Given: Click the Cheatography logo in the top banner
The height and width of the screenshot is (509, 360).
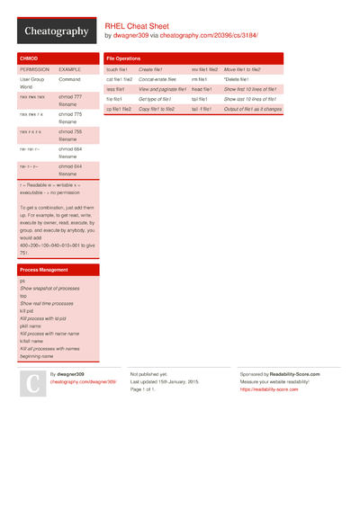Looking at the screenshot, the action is tap(56, 31).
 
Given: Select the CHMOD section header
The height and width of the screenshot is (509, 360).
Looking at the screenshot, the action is tap(29, 58).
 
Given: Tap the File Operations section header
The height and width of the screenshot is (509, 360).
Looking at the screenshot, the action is tap(123, 58).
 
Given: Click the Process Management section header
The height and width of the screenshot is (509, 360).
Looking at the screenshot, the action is tap(43, 270).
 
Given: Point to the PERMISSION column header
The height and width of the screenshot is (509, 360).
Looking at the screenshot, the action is tap(35, 68).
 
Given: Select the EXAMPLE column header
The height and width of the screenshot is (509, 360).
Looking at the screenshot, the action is tap(70, 68).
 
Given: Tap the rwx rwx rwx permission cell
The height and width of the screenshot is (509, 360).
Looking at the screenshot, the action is tap(31, 96).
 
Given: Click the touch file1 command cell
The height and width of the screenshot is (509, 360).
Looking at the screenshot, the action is tap(117, 69).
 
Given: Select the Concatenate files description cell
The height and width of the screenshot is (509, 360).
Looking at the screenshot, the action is tap(157, 79).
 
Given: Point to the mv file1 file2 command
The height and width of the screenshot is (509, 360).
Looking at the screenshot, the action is tap(204, 69).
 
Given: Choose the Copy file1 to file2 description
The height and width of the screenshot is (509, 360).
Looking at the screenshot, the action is tap(158, 109).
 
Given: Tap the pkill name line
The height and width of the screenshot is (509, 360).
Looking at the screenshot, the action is tap(31, 326).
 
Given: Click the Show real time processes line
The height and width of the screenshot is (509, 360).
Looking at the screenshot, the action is tap(49, 303).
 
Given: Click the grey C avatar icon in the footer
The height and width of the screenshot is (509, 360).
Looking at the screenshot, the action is tap(31, 384).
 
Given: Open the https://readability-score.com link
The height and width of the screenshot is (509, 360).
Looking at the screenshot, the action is tap(269, 389).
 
